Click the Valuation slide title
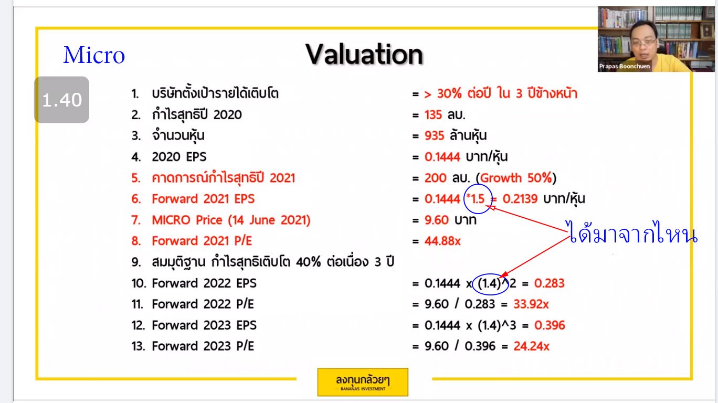364,55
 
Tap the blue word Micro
94,55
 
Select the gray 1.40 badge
61,100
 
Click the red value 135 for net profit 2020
433,115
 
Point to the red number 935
435,135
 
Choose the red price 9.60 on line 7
436,220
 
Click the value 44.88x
442,241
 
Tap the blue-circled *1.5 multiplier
476,199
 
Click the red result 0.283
549,283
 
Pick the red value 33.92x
531,304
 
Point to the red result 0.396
550,325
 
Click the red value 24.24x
532,346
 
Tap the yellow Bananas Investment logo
363,382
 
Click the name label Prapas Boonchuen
625,66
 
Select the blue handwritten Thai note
631,233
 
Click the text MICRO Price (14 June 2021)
231,220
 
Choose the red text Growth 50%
516,178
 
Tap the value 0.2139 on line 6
520,199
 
